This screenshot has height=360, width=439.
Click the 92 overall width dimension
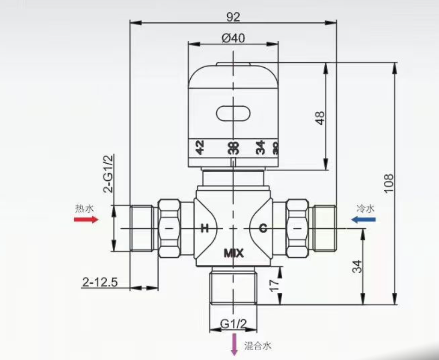(233, 17)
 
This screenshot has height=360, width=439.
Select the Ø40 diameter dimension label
(233, 39)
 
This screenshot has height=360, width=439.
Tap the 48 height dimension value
(320, 118)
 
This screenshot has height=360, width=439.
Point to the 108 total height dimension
(389, 183)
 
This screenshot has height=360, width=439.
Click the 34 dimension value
(356, 267)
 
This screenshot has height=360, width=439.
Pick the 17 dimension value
(274, 284)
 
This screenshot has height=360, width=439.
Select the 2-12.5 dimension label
(99, 282)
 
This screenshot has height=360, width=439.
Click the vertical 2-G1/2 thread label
(108, 174)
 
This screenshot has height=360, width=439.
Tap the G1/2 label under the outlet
(233, 323)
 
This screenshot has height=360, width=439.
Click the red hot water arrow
(86, 219)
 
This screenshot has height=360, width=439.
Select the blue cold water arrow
(363, 219)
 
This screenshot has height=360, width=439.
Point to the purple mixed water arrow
(235, 344)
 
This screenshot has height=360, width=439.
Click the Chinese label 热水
(84, 208)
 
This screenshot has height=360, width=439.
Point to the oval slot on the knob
(233, 112)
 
